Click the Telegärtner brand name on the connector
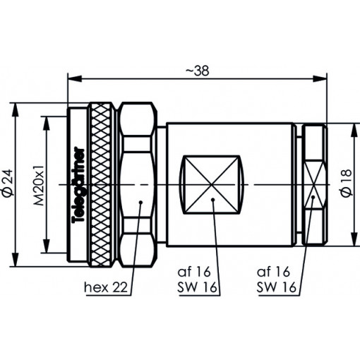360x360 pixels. click(x=78, y=185)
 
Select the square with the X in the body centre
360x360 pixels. click(x=212, y=184)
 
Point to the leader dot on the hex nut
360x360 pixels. click(x=142, y=203)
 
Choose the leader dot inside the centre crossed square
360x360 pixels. click(x=214, y=203)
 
